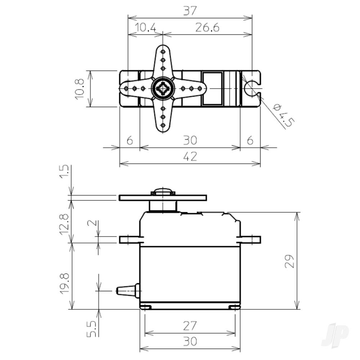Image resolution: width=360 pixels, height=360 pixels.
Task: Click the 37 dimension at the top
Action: pyautogui.click(x=190, y=11)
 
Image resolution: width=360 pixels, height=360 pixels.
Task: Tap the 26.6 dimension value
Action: pyautogui.click(x=207, y=27)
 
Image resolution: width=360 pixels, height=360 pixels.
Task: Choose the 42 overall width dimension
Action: pyautogui.click(x=190, y=157)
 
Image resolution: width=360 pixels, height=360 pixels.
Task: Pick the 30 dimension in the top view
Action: pyautogui.click(x=190, y=140)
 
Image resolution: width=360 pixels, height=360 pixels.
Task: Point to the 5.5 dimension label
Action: pyautogui.click(x=91, y=329)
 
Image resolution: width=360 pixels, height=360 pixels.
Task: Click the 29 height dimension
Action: pyautogui.click(x=290, y=261)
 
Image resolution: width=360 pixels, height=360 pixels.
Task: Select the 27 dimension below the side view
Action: pyautogui.click(x=190, y=326)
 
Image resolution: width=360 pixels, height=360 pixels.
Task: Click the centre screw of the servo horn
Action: pyautogui.click(x=163, y=88)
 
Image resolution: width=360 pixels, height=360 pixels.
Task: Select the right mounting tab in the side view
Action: pyautogui.click(x=250, y=239)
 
